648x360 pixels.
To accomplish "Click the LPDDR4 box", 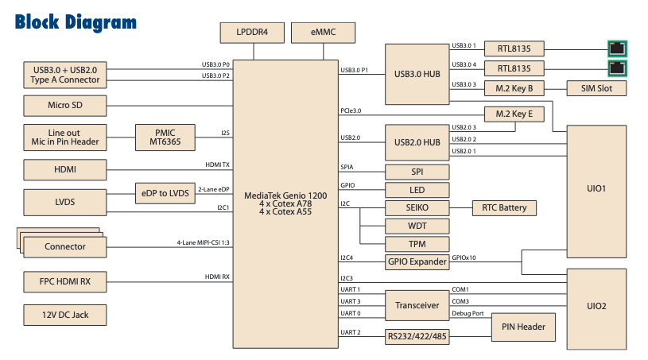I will [252, 33].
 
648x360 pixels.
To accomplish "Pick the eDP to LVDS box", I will [163, 193].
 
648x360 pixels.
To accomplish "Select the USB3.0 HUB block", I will [417, 74].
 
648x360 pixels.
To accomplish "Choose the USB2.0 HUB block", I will [417, 142].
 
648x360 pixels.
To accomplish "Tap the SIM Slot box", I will [596, 88].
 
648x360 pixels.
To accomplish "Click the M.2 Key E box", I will [514, 114].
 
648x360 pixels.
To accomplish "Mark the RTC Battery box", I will [504, 208].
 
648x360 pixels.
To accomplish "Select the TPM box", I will [417, 243].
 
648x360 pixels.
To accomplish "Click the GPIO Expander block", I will [417, 261].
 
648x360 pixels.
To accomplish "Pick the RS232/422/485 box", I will [417, 336].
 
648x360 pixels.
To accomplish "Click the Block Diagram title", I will [76, 21].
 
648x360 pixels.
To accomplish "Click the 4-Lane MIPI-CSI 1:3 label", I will [203, 242].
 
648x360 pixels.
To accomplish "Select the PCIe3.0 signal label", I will [351, 110].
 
